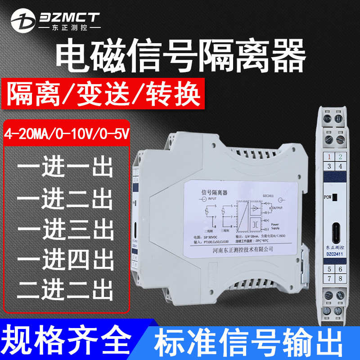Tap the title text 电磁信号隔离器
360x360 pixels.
(x=180, y=58)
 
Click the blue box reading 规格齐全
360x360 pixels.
(x=67, y=342)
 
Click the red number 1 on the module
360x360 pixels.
(x=329, y=157)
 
